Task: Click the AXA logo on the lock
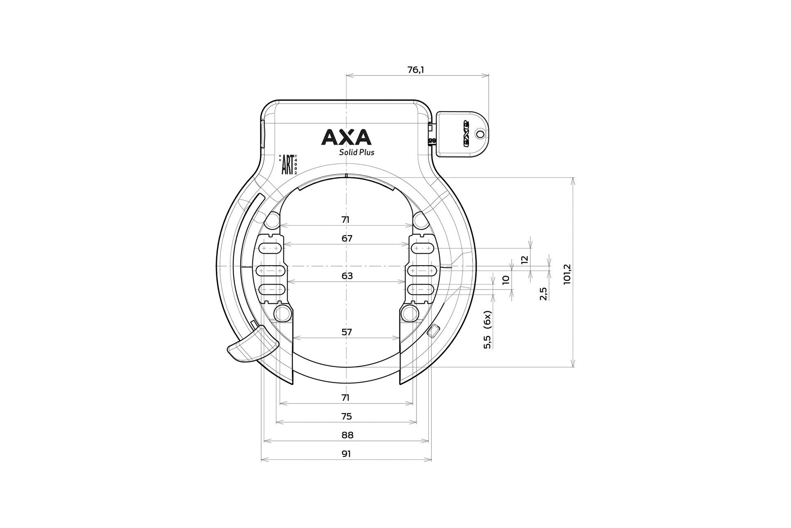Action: coord(346,137)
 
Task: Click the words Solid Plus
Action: coord(356,152)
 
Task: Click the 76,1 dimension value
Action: coord(416,70)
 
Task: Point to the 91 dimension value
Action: coord(346,454)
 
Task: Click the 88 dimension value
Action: coord(347,435)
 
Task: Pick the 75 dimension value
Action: coord(346,417)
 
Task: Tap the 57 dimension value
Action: coord(347,332)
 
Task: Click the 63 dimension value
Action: coord(347,276)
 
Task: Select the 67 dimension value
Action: coord(347,238)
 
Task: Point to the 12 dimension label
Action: coord(524,259)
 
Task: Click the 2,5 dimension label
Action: coord(543,293)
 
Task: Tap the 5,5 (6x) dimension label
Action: coord(488,330)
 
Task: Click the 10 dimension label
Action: coord(506,279)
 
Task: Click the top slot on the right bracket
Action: coord(422,248)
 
